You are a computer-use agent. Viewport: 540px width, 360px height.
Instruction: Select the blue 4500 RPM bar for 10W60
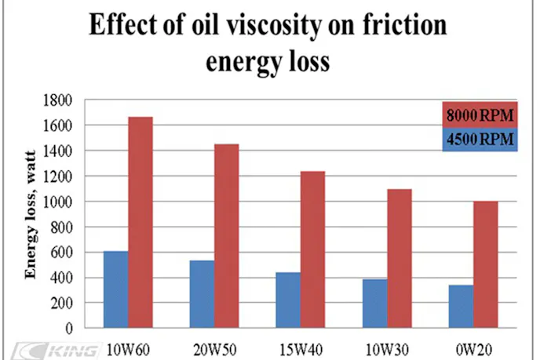coord(115,289)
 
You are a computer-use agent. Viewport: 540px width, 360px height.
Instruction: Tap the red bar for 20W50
coord(226,235)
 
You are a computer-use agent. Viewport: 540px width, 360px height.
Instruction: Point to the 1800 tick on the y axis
coord(60,100)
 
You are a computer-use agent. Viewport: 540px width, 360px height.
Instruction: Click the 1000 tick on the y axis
coord(60,202)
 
